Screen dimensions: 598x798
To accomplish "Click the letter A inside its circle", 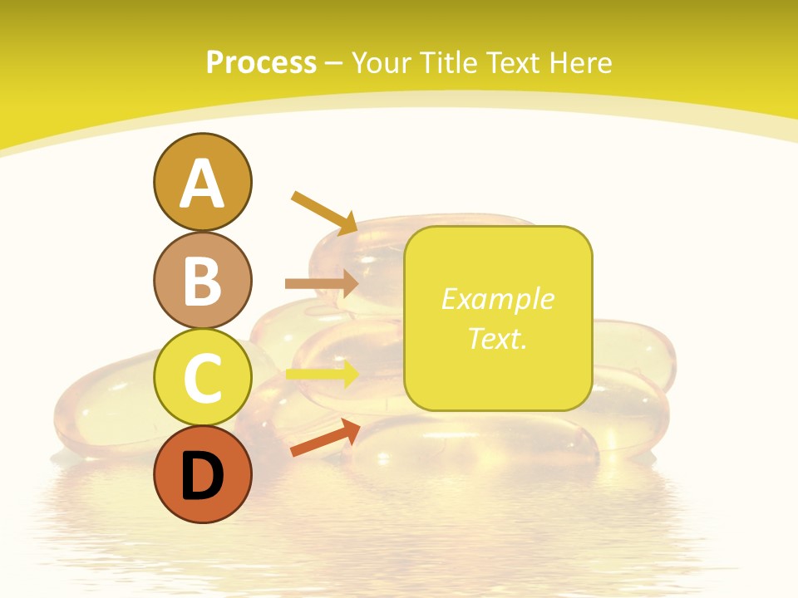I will pos(202,184).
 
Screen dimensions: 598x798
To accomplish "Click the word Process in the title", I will pos(261,63).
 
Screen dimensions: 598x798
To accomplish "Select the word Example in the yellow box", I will pos(497,299).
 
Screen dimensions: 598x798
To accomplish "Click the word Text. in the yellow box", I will pos(497,338).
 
